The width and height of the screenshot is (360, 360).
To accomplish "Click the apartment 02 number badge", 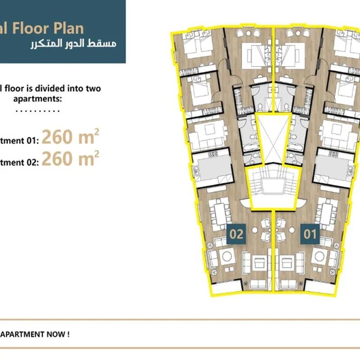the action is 236,234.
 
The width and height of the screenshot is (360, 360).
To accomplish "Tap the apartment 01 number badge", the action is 310,234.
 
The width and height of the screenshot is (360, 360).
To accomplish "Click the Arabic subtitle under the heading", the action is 73,44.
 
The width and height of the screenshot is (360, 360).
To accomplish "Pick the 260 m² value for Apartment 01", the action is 70,137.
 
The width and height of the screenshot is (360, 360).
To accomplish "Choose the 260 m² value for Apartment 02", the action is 70,159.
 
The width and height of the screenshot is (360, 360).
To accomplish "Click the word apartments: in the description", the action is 38,99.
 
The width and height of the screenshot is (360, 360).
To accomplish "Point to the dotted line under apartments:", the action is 38,111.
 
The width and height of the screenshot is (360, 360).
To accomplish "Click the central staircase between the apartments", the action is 273,186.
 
